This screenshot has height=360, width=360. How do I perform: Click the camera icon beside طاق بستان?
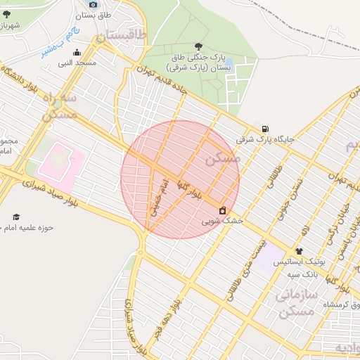[94, 5]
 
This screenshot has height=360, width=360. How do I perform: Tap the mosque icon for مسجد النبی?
[77, 52]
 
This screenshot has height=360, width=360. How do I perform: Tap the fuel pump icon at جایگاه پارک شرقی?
[264, 129]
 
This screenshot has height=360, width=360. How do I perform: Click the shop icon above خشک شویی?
[223, 210]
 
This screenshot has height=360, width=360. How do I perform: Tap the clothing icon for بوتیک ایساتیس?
[299, 251]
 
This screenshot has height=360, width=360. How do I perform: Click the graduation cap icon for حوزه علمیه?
[16, 217]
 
